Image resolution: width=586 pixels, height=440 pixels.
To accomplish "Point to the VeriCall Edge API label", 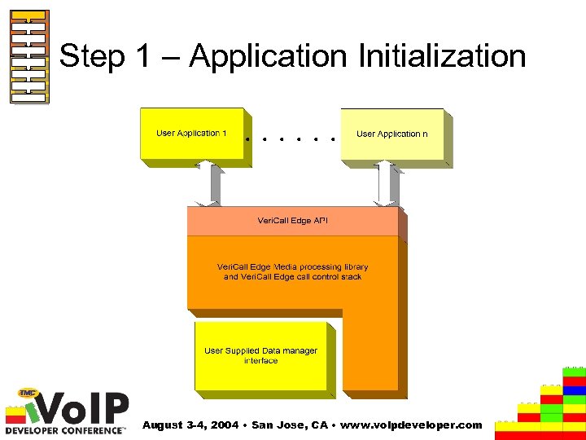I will coord(292,221).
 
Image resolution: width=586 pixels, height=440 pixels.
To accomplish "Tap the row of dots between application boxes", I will coord(291,139).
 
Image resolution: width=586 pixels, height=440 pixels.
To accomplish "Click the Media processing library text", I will coord(292,271).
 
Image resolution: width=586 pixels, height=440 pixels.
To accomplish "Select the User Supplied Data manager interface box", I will coord(260,355).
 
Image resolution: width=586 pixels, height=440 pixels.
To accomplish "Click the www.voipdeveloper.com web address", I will coord(408,425).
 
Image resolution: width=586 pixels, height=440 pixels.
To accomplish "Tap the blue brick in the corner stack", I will coord(574,390).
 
